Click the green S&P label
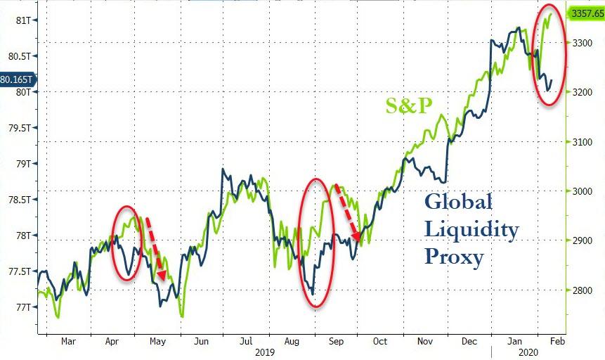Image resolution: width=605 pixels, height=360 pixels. click(x=408, y=106)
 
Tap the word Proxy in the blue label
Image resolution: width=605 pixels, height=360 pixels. click(x=454, y=257)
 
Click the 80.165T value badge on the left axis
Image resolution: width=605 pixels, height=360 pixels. click(x=15, y=79)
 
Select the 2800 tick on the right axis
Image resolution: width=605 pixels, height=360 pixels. click(x=581, y=290)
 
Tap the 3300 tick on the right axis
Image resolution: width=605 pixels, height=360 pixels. click(x=581, y=43)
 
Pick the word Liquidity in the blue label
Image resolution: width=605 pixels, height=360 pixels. click(x=471, y=230)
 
